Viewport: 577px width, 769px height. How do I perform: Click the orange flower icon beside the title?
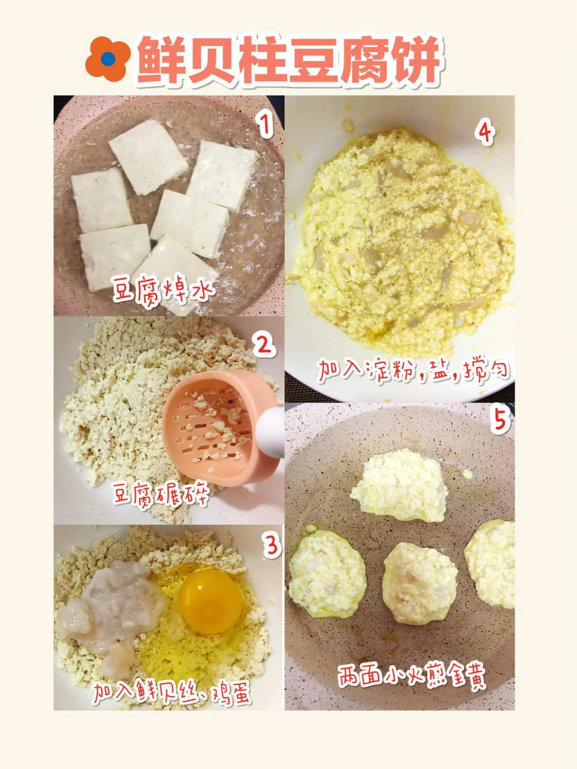pos(108,59)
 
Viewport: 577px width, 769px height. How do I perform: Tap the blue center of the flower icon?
pos(108,59)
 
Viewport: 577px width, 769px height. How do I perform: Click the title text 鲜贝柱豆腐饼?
pos(288,60)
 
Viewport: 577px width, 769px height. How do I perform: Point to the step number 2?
pos(264,345)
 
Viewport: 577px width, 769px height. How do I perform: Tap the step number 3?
pos(272,547)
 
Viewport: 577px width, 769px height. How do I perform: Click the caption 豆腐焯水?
pos(163,291)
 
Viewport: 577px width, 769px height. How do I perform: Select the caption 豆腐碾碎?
pos(162,494)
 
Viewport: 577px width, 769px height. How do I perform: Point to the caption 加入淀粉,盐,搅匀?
pos(414,370)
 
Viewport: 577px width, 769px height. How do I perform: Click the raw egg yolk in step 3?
pos(210,601)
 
